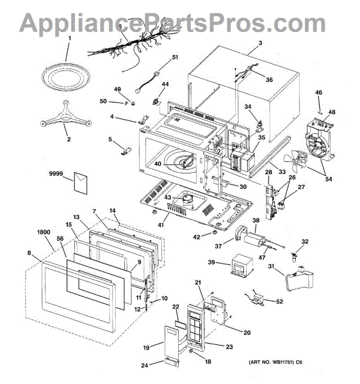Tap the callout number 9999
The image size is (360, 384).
click(56, 173)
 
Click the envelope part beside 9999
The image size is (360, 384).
click(80, 183)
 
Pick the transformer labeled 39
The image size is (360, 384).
click(241, 266)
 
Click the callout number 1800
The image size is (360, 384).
click(44, 232)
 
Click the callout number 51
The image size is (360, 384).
click(175, 57)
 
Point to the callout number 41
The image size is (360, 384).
click(161, 225)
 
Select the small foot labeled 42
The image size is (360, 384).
click(215, 232)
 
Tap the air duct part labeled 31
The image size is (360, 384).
click(300, 278)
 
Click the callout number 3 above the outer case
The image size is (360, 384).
click(260, 43)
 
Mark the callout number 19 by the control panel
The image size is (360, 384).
click(146, 348)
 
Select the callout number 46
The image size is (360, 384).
click(318, 93)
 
